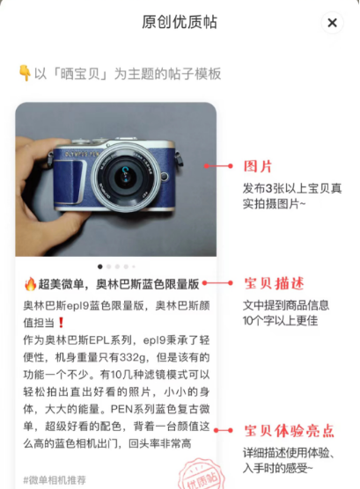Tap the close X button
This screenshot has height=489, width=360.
(332, 23)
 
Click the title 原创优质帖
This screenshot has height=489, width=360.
(180, 22)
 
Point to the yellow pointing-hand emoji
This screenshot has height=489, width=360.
(25, 72)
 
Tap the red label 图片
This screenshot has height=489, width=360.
(257, 165)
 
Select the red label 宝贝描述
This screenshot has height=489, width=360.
(274, 283)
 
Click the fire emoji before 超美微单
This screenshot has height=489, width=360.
(30, 284)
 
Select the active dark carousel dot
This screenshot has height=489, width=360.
(99, 266)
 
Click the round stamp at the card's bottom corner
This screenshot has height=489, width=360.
(198, 476)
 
